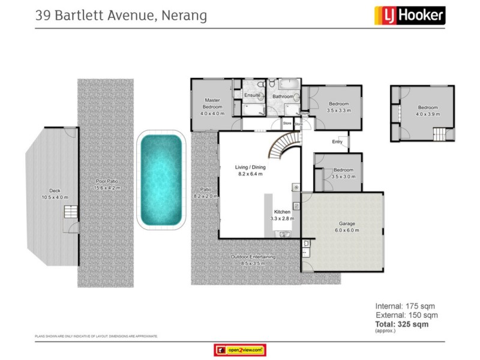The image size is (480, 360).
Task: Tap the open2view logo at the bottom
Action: (239, 350)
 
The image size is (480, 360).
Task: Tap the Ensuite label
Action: (252, 95)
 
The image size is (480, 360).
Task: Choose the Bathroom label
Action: (283, 97)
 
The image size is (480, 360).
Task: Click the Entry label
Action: (337, 142)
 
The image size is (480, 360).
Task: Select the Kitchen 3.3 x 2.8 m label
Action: (282, 215)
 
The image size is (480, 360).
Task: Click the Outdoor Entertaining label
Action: (253, 260)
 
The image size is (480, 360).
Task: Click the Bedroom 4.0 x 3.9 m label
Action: (428, 110)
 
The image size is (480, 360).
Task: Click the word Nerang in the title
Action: (183, 15)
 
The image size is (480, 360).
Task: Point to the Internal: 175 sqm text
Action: (406, 305)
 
